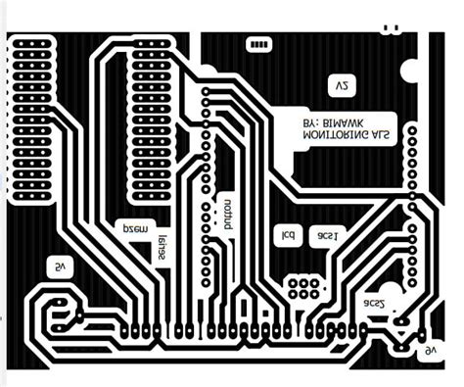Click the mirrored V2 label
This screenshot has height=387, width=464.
341,86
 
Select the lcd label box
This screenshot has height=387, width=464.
288,237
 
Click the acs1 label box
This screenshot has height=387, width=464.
327,237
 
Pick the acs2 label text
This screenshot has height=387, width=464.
376,304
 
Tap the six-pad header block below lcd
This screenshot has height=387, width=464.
303,287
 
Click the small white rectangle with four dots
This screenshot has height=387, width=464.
259,45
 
